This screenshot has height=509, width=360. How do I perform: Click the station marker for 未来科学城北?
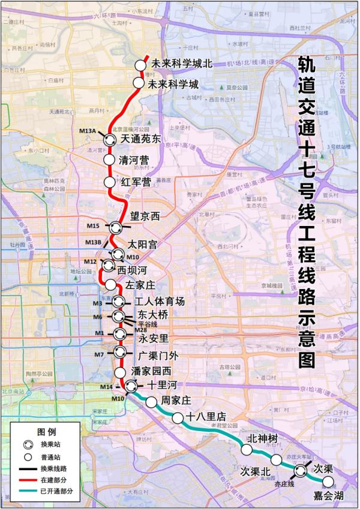coord(140,65)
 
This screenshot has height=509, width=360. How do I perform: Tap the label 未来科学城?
coord(173,84)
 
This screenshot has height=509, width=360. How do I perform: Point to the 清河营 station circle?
coord(109,160)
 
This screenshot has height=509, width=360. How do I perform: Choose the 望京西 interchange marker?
coord(116,227)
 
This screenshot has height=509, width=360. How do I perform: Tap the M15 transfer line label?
coord(92,226)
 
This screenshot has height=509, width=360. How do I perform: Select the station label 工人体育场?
coord(160,301)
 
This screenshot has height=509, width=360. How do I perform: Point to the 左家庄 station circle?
coord(111,284)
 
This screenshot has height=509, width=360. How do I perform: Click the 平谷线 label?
coord(148,324)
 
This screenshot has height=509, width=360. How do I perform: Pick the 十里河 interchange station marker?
coord(131,385)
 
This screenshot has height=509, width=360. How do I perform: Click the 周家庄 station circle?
coord(151,401)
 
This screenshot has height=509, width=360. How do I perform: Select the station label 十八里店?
coord(206,416)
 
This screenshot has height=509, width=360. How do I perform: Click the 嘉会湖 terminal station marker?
coord(328,481)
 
